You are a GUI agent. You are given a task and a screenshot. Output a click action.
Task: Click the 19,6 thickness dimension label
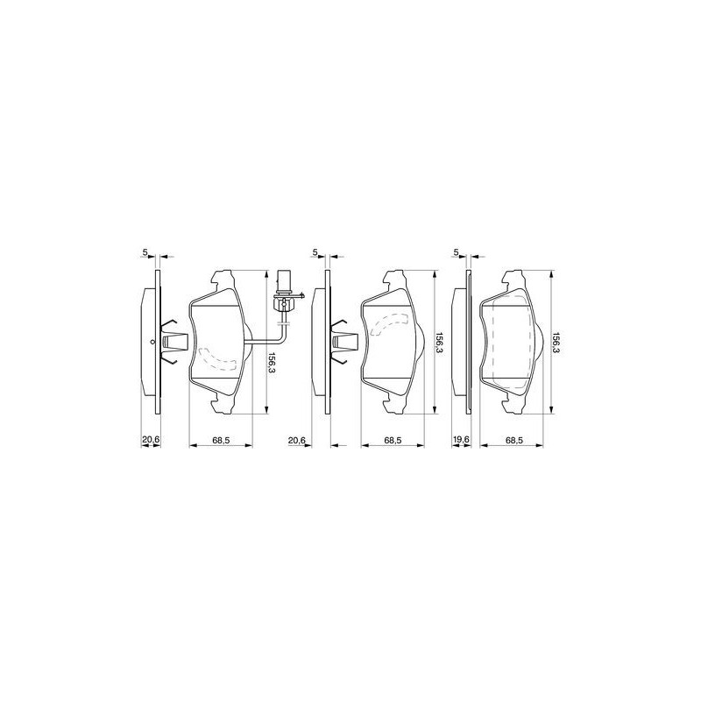(x=461, y=440)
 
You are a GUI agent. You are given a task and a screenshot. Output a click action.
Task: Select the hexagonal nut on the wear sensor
(x=283, y=304)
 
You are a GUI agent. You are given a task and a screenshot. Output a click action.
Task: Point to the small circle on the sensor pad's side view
(x=152, y=343)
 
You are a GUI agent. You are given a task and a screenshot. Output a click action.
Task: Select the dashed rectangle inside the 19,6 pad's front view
(x=513, y=342)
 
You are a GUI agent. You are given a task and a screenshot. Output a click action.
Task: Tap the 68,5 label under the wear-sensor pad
(x=221, y=440)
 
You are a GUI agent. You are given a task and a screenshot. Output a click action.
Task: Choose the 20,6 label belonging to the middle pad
(x=296, y=440)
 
